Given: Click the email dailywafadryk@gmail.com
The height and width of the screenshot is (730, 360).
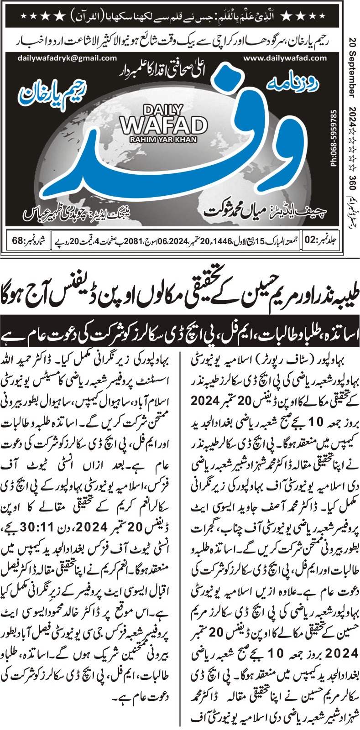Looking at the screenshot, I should (x=67, y=58).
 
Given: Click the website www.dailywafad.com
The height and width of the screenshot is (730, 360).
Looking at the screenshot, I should (x=285, y=58).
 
